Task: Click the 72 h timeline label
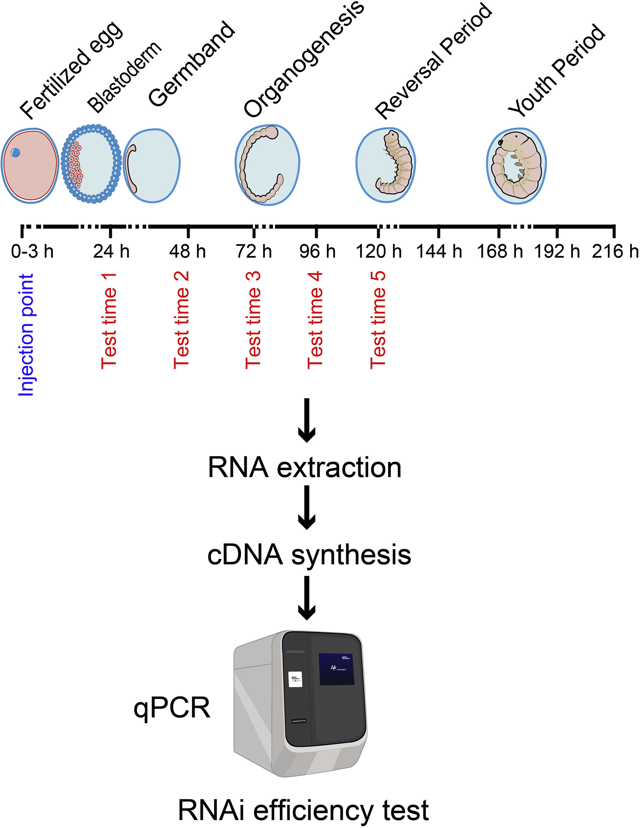254,252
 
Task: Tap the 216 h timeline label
615,252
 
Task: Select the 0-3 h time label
32,252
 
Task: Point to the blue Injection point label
26,335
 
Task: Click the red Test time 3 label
253,320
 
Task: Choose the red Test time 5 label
378,320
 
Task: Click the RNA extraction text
305,468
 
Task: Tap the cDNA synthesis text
309,555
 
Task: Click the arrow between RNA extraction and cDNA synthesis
307,507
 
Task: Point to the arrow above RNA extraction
307,420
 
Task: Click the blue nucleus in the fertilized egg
15,153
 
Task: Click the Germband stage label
192,64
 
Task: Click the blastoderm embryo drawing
91,164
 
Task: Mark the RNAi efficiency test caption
303,809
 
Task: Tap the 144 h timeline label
439,252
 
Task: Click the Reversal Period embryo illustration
385,165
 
